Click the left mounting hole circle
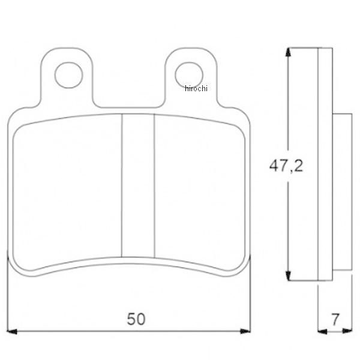68,75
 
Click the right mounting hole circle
188,75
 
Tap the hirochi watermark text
196,89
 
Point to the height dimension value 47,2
286,166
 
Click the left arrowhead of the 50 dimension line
13,331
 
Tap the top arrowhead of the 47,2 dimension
289,52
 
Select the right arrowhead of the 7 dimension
347,331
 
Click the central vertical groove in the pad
138,186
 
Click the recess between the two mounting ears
129,90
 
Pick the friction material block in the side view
341,192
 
